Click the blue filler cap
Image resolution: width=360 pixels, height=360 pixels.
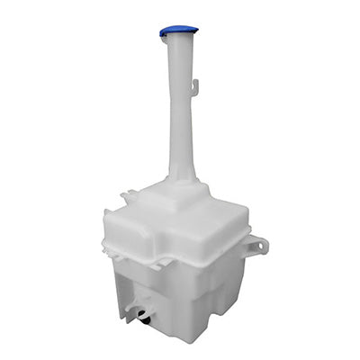tap(178, 31)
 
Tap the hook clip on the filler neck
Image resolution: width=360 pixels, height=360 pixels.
tap(194, 86)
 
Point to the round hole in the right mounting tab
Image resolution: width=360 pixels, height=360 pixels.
tap(258, 244)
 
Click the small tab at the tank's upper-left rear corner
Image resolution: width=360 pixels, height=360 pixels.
tap(127, 195)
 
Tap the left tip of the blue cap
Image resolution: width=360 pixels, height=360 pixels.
tap(162, 32)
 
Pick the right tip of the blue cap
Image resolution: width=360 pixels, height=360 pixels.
tap(196, 30)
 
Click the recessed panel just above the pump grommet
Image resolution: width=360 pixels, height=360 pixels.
tap(144, 292)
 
